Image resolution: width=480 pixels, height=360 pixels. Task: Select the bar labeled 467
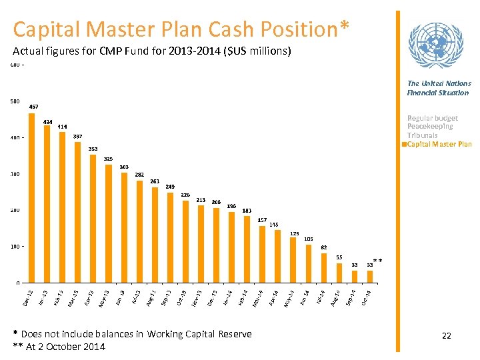pyautogui.click(x=31, y=197)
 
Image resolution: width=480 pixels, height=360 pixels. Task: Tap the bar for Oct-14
pyautogui.click(x=370, y=276)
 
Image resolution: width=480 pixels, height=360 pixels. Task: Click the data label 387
pyautogui.click(x=78, y=136)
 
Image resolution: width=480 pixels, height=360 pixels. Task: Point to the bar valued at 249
pyautogui.click(x=170, y=237)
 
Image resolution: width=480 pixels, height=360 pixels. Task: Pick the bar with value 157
pyautogui.click(x=262, y=254)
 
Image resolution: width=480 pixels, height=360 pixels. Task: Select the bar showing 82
pyautogui.click(x=324, y=267)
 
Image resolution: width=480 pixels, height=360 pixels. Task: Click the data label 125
pyautogui.click(x=294, y=233)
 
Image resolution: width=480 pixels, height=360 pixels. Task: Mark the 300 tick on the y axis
pyautogui.click(x=14, y=174)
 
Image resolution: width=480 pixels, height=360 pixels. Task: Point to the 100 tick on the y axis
pyautogui.click(x=14, y=247)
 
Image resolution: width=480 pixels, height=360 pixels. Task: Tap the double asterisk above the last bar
pyautogui.click(x=377, y=261)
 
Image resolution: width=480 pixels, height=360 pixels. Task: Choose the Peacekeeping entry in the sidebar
pyautogui.click(x=430, y=127)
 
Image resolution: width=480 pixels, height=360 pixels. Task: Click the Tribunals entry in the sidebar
pyautogui.click(x=423, y=135)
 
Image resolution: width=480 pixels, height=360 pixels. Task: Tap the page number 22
pyautogui.click(x=446, y=336)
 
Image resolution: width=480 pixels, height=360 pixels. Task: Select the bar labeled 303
pyautogui.click(x=124, y=227)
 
